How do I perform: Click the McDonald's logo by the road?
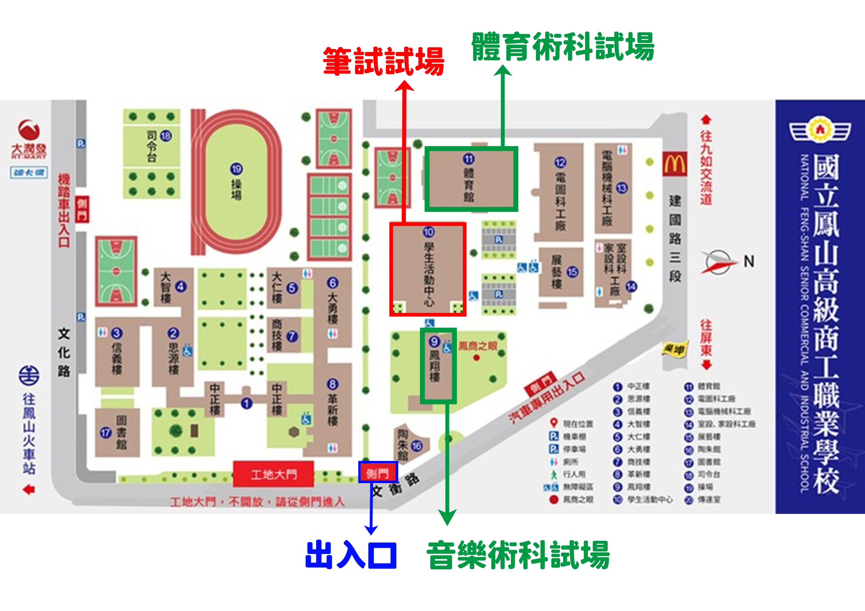pyautogui.click(x=674, y=164)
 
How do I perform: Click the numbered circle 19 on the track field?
pyautogui.click(x=237, y=169)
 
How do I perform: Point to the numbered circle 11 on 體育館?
pyautogui.click(x=469, y=159)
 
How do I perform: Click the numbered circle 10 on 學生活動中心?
pyautogui.click(x=428, y=232)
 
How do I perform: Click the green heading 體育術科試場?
pyautogui.click(x=563, y=47)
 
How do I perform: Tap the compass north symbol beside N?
pyautogui.click(x=719, y=261)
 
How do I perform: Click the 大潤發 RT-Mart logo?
pyautogui.click(x=29, y=139)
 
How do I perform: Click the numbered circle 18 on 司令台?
pyautogui.click(x=166, y=136)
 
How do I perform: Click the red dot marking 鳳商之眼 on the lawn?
pyautogui.click(x=476, y=357)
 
